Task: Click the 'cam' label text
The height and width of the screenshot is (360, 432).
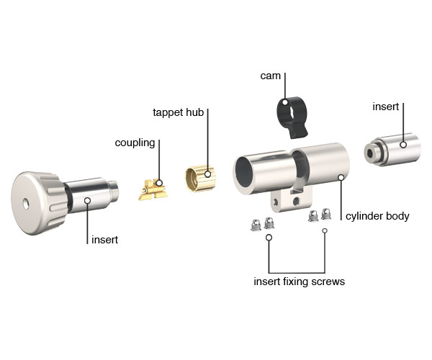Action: point(270,76)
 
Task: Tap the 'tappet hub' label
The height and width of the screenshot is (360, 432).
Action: point(179,112)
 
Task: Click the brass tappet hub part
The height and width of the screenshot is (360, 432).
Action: point(200,178)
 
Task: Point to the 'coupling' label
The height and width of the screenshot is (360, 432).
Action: point(135,143)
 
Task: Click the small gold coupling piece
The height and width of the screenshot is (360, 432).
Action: point(153,189)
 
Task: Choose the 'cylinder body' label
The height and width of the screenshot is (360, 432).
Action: point(377,216)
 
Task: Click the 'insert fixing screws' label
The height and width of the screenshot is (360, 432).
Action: point(300,282)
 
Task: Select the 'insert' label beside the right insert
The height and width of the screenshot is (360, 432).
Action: point(385,107)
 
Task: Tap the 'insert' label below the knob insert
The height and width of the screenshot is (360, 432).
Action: point(104,240)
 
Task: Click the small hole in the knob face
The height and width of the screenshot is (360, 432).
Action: point(26,204)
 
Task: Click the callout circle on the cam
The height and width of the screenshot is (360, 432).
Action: point(285,102)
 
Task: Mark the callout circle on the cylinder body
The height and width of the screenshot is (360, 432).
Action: point(341,178)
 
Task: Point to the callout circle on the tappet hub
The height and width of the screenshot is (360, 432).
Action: point(208,174)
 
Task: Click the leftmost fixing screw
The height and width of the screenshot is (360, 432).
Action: point(256,225)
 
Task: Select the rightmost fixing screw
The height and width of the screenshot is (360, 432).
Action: point(326,214)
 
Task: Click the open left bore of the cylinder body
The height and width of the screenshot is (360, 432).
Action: point(244,172)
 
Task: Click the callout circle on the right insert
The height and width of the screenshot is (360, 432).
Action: point(403,145)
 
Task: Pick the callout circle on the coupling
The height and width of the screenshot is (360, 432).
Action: point(159,183)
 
